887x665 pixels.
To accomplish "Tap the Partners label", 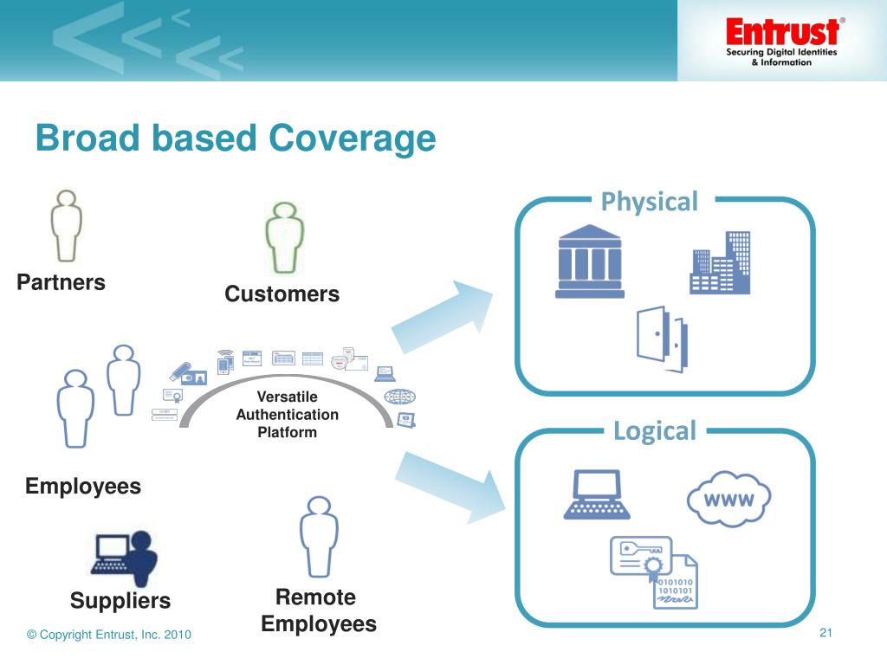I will [62, 282].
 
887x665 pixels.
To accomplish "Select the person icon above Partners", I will [66, 224].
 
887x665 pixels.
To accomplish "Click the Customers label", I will [282, 294].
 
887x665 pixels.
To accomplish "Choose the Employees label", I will [83, 486].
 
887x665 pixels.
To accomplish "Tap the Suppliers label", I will [120, 600].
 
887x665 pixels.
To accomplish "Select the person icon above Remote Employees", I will [318, 537].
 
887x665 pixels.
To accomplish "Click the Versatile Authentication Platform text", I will [287, 415].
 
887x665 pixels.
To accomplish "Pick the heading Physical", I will [649, 202].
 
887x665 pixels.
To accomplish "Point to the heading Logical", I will [654, 430].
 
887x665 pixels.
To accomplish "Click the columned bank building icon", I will [590, 261].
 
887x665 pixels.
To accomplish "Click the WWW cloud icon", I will [728, 499].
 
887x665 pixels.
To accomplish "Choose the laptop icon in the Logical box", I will [597, 494].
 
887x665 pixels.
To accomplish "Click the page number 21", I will [825, 633].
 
